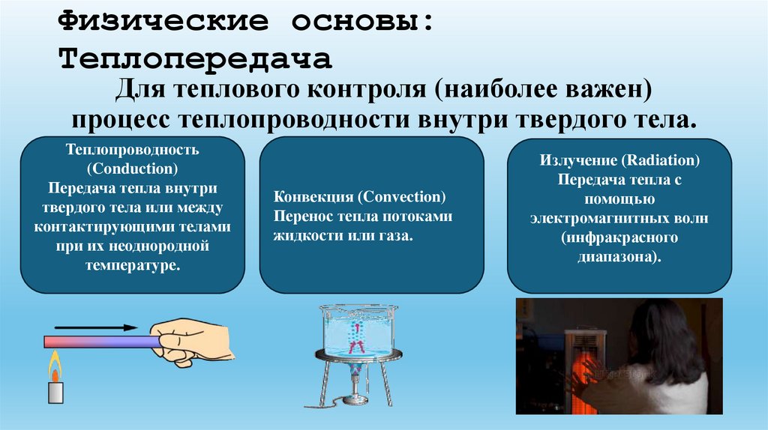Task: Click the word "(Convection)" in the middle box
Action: (401, 198)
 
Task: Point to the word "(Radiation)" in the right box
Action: (661, 161)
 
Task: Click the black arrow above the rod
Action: (96, 327)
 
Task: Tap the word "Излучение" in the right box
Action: (576, 161)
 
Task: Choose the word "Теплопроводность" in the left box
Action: (132, 150)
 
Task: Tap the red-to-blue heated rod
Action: (102, 342)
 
